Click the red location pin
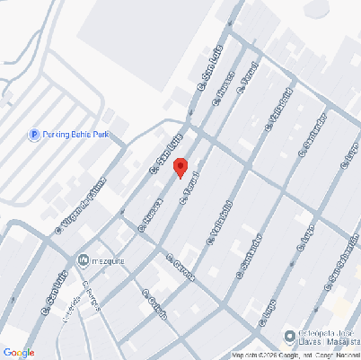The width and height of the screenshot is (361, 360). [180, 167]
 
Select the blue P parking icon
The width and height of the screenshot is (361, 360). [34, 135]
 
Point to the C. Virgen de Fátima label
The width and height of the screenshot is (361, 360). [80, 206]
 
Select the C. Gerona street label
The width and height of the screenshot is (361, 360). [180, 267]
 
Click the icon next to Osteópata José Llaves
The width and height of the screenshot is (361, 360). [289, 337]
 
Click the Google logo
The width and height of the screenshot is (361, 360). [19, 352]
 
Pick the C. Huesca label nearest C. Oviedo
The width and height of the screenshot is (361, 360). [149, 215]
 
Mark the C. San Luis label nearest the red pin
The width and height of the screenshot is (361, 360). [165, 152]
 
